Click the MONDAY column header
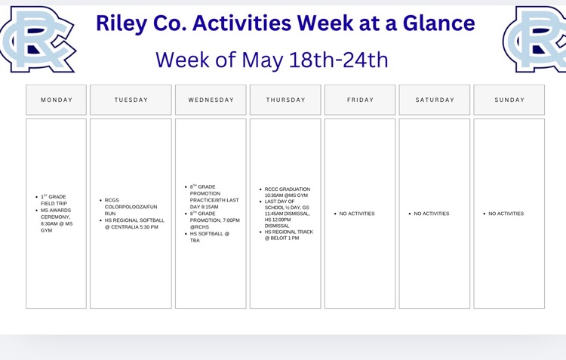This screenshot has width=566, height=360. (57, 100)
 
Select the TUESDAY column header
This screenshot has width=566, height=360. (131, 100)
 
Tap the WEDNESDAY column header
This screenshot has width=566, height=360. (211, 100)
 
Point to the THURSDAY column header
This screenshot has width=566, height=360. (285, 100)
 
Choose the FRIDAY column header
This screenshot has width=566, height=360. (360, 100)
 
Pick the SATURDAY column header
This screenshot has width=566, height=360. (435, 100)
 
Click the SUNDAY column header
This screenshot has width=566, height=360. (509, 100)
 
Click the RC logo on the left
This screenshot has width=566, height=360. (37, 39)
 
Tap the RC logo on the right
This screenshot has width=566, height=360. (534, 39)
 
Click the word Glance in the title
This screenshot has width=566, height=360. (438, 23)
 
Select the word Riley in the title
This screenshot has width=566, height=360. (122, 24)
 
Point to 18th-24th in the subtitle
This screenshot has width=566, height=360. (339, 60)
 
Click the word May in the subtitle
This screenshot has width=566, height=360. (262, 60)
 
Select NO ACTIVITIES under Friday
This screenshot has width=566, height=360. (357, 214)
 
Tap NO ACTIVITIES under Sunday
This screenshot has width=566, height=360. (506, 214)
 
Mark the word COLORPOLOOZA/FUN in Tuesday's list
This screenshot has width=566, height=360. (131, 207)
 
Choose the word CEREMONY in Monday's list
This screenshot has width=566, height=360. (55, 217)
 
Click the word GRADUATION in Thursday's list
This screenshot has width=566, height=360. (297, 189)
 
